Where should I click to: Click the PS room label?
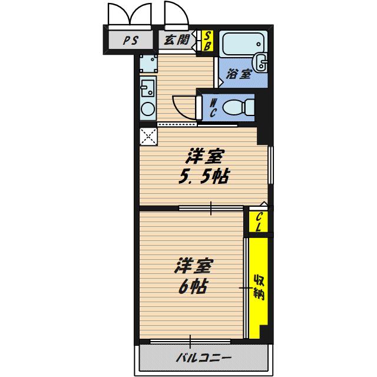tap(131, 40)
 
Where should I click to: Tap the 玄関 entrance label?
tap(177, 39)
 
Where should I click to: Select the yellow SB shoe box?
tap(207, 41)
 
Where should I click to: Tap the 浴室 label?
tap(239, 74)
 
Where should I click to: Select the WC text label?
tap(213, 108)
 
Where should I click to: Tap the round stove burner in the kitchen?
tap(148, 109)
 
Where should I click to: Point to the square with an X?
tap(148, 137)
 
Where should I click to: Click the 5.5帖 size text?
tap(204, 177)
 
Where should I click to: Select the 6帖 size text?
tap(193, 286)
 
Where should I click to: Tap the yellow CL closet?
tap(258, 221)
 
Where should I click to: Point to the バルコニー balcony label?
tap(204, 358)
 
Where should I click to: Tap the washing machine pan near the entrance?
tap(148, 64)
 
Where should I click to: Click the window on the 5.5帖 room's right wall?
tap(270, 165)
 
